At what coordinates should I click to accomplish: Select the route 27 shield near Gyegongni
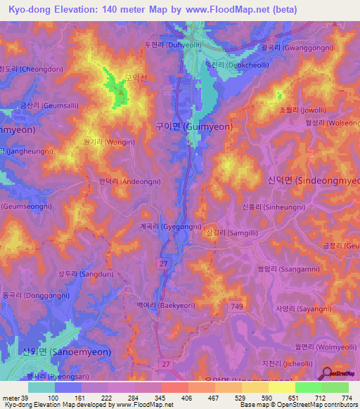tap(164, 261)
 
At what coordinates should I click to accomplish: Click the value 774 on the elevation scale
tap(347, 398)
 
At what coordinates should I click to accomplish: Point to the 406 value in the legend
tap(168, 398)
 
